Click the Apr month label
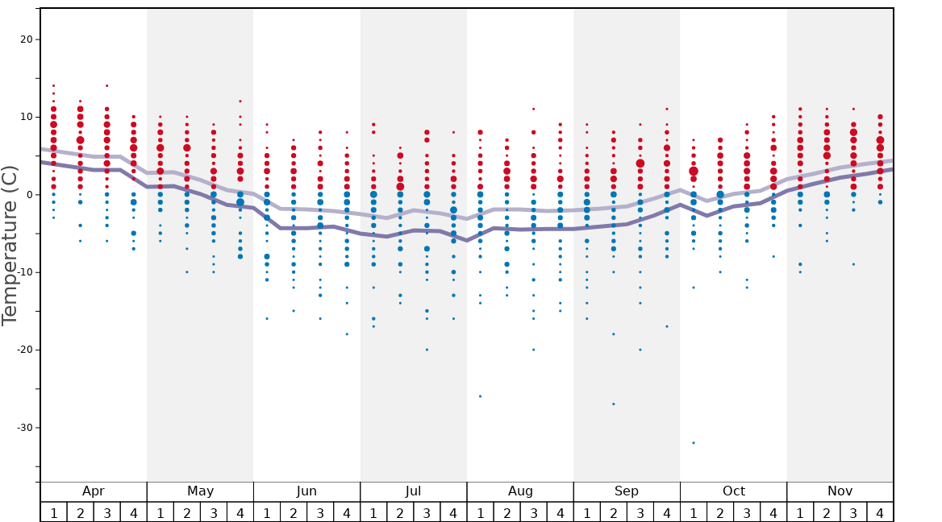[x=94, y=491]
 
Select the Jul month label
[x=413, y=491]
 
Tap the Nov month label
[x=840, y=491]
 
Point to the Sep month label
[x=627, y=491]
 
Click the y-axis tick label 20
[x=24, y=39]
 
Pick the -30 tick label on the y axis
[x=22, y=428]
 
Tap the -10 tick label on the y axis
[x=22, y=272]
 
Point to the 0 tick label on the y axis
[x=27, y=195]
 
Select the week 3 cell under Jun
[x=320, y=512]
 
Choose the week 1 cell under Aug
[x=480, y=512]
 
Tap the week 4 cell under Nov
[x=880, y=512]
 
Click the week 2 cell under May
[x=187, y=512]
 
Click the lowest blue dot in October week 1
[x=694, y=443]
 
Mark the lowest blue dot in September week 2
[x=614, y=404]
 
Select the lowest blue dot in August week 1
[x=480, y=396]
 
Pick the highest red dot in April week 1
[x=54, y=85]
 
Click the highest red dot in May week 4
[x=240, y=101]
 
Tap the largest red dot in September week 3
[x=640, y=164]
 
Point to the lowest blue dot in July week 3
[x=427, y=350]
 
